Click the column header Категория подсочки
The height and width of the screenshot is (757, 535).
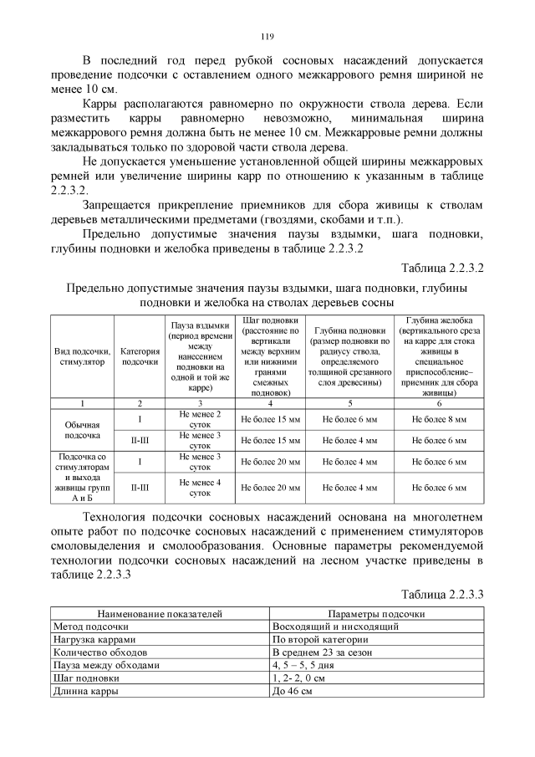[140, 356]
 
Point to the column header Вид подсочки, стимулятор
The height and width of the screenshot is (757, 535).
[81, 356]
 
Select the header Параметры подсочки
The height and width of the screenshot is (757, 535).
[377, 613]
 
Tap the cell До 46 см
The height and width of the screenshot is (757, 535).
[293, 692]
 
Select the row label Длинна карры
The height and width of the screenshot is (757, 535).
[85, 692]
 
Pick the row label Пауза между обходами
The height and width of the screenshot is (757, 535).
[105, 665]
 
